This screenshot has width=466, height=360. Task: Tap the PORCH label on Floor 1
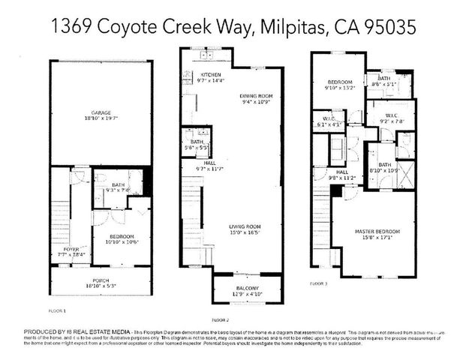tap(101, 281)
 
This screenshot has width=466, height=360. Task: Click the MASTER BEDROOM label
tap(377, 231)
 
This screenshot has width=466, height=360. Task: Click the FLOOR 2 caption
tap(220, 319)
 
